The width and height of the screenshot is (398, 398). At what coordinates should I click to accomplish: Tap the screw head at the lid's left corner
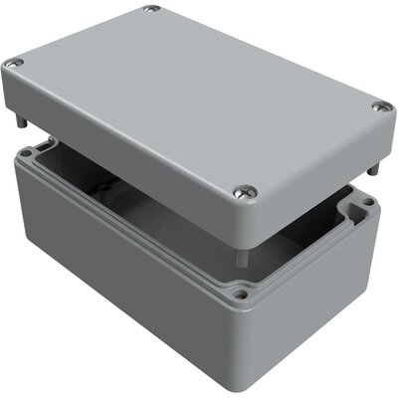pyautogui.click(x=15, y=64)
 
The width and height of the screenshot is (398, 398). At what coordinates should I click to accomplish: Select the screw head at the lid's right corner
pyautogui.click(x=379, y=106)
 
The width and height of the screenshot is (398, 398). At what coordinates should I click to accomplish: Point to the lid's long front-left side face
pyautogui.click(x=119, y=159)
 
